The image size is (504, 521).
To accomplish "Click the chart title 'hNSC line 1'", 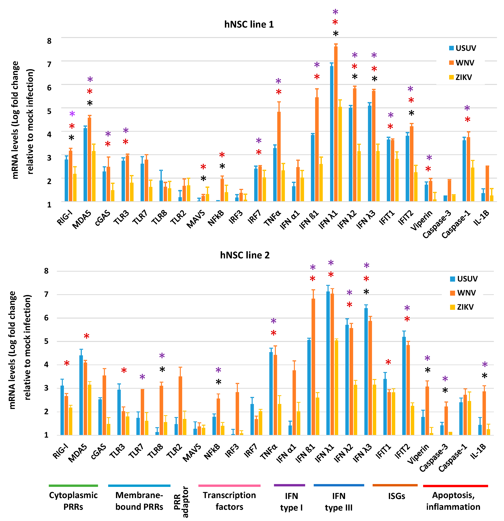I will click(x=249, y=24).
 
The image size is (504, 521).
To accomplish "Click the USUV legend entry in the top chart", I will click(x=463, y=48).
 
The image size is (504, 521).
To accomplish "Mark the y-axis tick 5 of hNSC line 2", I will click(x=46, y=341).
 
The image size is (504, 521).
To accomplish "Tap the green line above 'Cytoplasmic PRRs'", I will click(x=73, y=486).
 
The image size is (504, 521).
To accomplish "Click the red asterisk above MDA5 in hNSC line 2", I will click(x=87, y=336).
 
